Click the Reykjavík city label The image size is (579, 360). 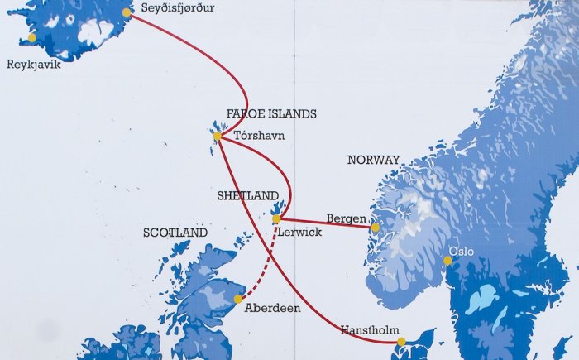[33, 65]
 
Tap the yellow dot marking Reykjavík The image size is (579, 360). [32, 37]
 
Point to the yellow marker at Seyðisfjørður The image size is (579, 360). [127, 12]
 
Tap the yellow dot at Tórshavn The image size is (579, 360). [218, 136]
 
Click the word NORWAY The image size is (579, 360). [373, 160]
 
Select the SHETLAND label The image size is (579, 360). [247, 196]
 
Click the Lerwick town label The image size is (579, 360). [300, 233]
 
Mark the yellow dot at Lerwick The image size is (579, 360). [276, 218]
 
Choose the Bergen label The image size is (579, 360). [347, 218]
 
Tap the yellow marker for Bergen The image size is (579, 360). [375, 227]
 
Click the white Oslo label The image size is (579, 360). [462, 249]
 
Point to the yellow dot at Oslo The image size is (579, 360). [447, 261]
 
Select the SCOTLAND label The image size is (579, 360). [175, 233]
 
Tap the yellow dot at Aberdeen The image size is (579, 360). [238, 299]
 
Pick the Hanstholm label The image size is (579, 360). [369, 330]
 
